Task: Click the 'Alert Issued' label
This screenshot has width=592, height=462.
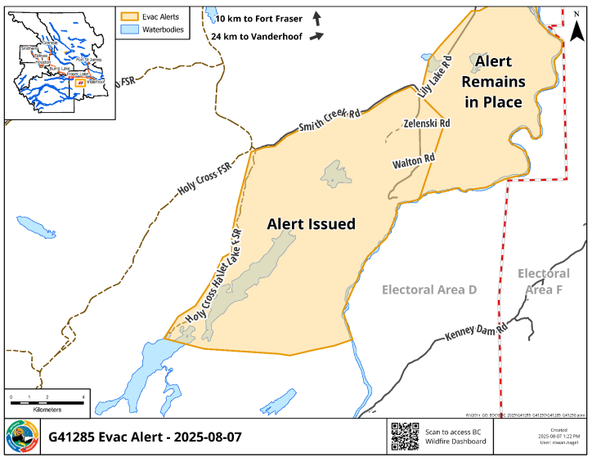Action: tap(312, 223)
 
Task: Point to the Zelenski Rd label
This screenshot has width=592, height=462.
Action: tap(428, 123)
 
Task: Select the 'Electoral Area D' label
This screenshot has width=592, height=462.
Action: tap(429, 289)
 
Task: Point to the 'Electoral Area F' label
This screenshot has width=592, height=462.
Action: tap(544, 281)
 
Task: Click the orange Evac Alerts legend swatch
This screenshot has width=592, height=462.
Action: tap(129, 16)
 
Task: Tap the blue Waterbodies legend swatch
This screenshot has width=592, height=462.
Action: tap(129, 29)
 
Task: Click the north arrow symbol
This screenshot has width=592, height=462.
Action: tap(576, 29)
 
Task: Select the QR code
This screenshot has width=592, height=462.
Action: tap(405, 436)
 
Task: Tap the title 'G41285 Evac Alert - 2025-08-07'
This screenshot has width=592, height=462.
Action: tap(146, 437)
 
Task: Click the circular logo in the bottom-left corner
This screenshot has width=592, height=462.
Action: tap(21, 437)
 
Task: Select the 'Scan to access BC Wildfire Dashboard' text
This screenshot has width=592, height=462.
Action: tap(456, 436)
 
